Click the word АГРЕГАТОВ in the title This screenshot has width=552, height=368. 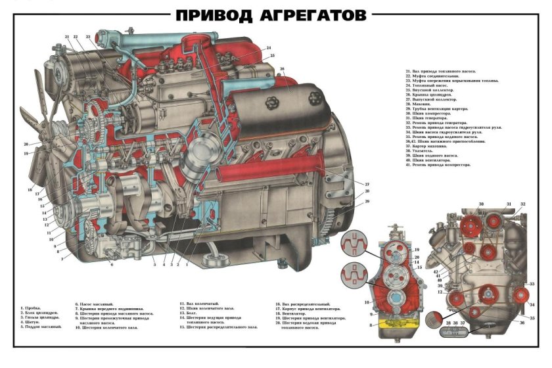[313, 15]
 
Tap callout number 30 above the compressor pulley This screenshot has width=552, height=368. [481, 204]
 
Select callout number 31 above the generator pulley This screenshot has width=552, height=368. [508, 204]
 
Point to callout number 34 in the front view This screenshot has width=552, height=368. [532, 304]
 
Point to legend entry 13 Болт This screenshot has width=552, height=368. [190, 313]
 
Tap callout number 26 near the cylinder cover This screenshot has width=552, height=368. [281, 68]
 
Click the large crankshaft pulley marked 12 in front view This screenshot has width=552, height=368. [488, 294]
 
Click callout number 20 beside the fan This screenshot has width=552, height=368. [26, 143]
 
